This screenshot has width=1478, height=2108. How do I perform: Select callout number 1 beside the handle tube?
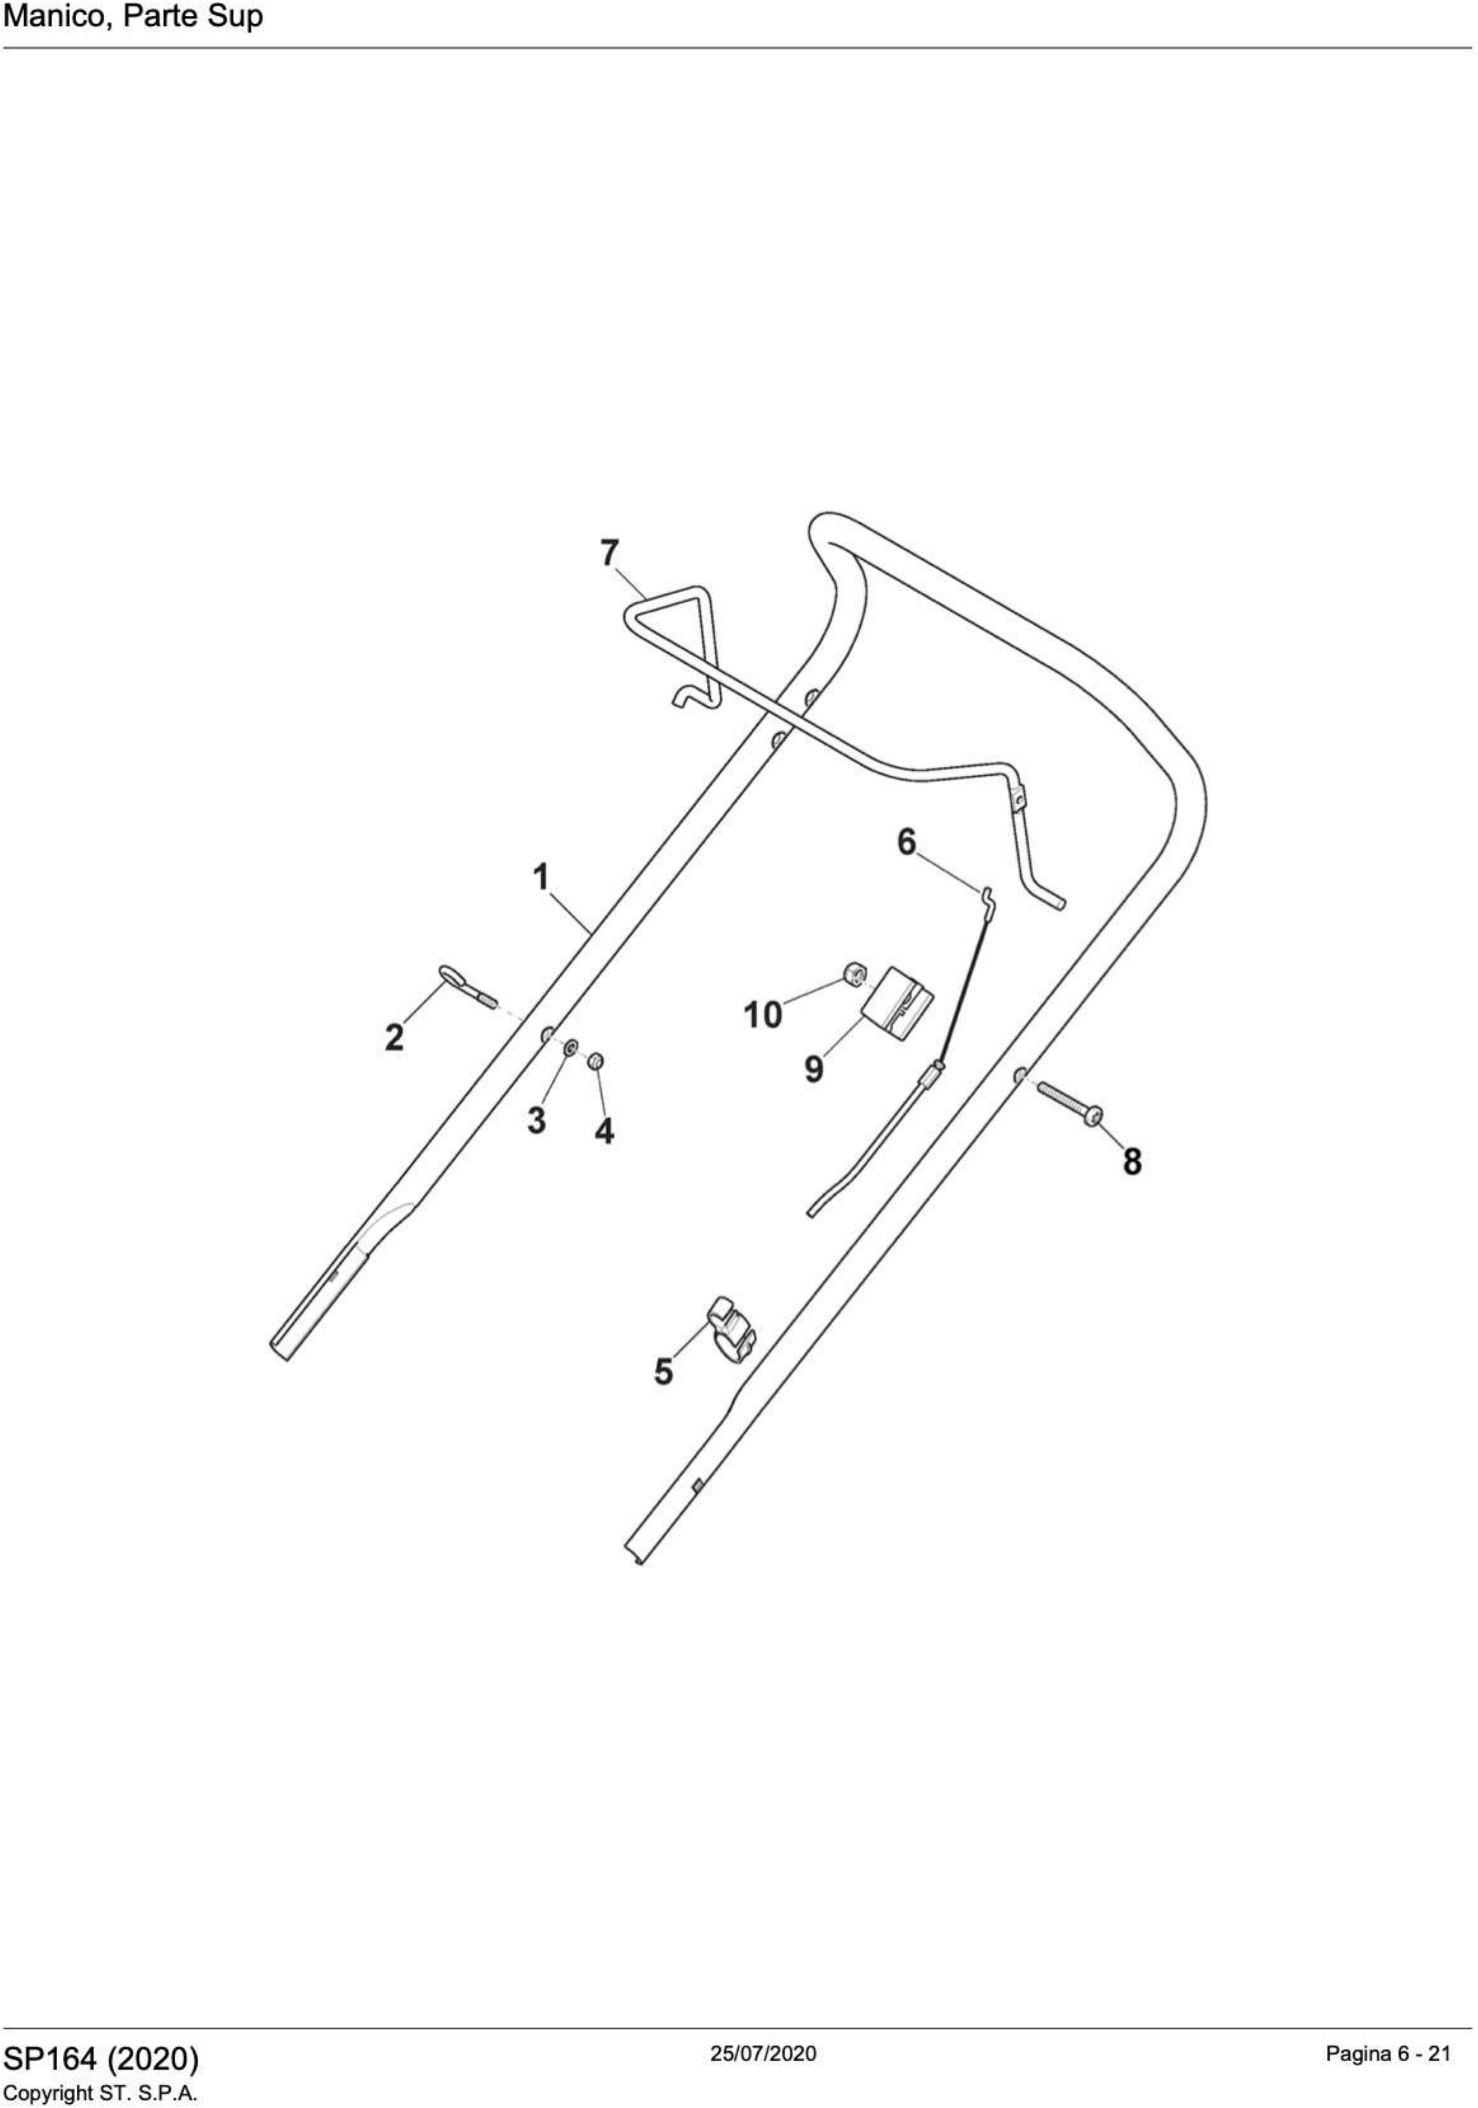coord(542,877)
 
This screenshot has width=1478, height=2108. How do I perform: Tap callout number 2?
coord(394,1037)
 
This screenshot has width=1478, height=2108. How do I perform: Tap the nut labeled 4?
coord(595,1061)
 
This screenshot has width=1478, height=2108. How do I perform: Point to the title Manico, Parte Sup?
coord(133,17)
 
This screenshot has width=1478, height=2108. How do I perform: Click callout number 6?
coord(906,841)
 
